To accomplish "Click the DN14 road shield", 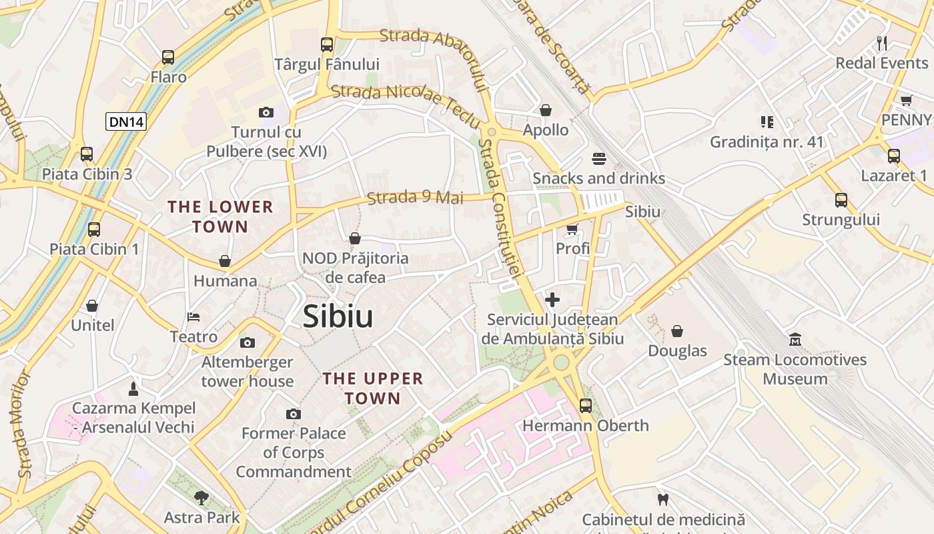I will pyautogui.click(x=126, y=121).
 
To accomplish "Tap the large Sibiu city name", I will pyautogui.click(x=338, y=316).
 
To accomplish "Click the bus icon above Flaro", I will pyautogui.click(x=168, y=57).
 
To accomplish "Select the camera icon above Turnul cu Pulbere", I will pyautogui.click(x=266, y=112).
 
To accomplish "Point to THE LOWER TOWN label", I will pyautogui.click(x=220, y=217).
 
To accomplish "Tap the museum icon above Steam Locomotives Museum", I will pyautogui.click(x=795, y=340).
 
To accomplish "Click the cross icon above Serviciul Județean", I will pyautogui.click(x=552, y=300).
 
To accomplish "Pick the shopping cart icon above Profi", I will pyautogui.click(x=572, y=229).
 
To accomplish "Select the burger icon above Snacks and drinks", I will pyautogui.click(x=598, y=159).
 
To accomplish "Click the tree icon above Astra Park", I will pyautogui.click(x=201, y=497).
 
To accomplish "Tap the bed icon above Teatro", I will pyautogui.click(x=193, y=316).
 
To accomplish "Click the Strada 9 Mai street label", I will pyautogui.click(x=415, y=198).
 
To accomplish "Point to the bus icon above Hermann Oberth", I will pyautogui.click(x=586, y=405).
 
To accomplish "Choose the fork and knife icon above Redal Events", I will pyautogui.click(x=882, y=43).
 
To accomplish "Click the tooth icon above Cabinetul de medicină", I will pyautogui.click(x=663, y=499).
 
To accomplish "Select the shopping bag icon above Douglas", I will pyautogui.click(x=677, y=331).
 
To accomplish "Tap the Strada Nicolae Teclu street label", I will pyautogui.click(x=406, y=103).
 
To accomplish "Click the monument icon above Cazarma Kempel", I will pyautogui.click(x=133, y=388).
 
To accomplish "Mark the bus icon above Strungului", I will pyautogui.click(x=841, y=200).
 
